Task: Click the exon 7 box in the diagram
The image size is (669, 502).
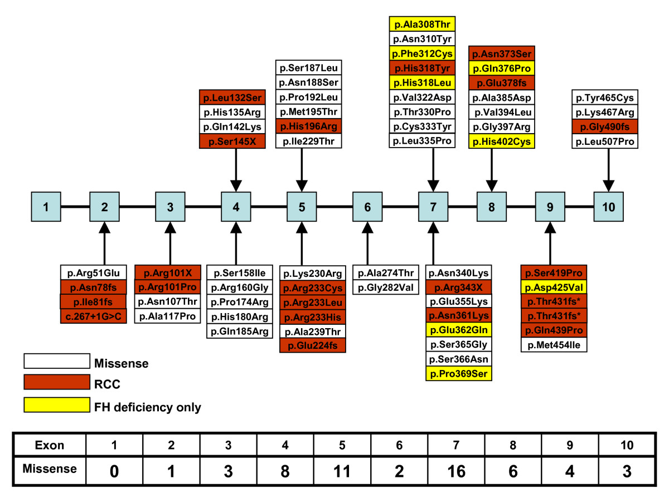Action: coord(433,206)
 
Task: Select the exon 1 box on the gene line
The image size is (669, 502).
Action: coord(46,206)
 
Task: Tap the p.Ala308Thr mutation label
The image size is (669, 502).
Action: coord(422,24)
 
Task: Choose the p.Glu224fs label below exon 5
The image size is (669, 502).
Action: coord(313,346)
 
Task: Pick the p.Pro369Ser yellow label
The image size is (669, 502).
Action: coord(459,374)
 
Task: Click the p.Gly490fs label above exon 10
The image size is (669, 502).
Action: coord(606,126)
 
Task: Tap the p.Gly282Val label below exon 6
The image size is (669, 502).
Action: coord(386,287)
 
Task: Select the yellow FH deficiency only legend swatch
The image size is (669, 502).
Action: coord(56,405)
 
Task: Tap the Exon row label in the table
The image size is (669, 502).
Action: coord(50,445)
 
